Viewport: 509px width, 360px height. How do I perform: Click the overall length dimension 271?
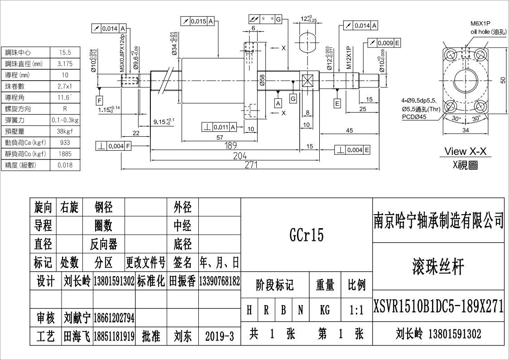click(250, 165)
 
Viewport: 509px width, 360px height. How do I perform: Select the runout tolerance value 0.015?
click(198, 21)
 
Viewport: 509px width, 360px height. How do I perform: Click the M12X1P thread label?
click(349, 57)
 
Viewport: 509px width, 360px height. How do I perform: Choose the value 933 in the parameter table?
click(65, 143)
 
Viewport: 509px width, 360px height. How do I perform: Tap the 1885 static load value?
click(65, 154)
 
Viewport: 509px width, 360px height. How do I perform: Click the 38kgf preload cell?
click(65, 131)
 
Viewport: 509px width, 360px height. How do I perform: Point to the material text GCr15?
click(307, 235)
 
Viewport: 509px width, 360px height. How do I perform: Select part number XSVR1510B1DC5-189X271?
click(438, 307)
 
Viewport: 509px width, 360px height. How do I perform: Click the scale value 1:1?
click(356, 311)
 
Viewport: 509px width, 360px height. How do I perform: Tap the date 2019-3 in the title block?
click(219, 336)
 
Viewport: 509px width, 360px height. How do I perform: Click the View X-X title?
click(466, 151)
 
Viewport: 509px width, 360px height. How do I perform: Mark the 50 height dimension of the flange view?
click(503, 80)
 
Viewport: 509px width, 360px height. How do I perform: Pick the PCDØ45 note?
click(414, 116)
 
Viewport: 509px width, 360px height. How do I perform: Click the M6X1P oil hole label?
click(480, 24)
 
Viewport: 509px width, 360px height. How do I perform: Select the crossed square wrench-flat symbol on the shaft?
click(307, 82)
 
